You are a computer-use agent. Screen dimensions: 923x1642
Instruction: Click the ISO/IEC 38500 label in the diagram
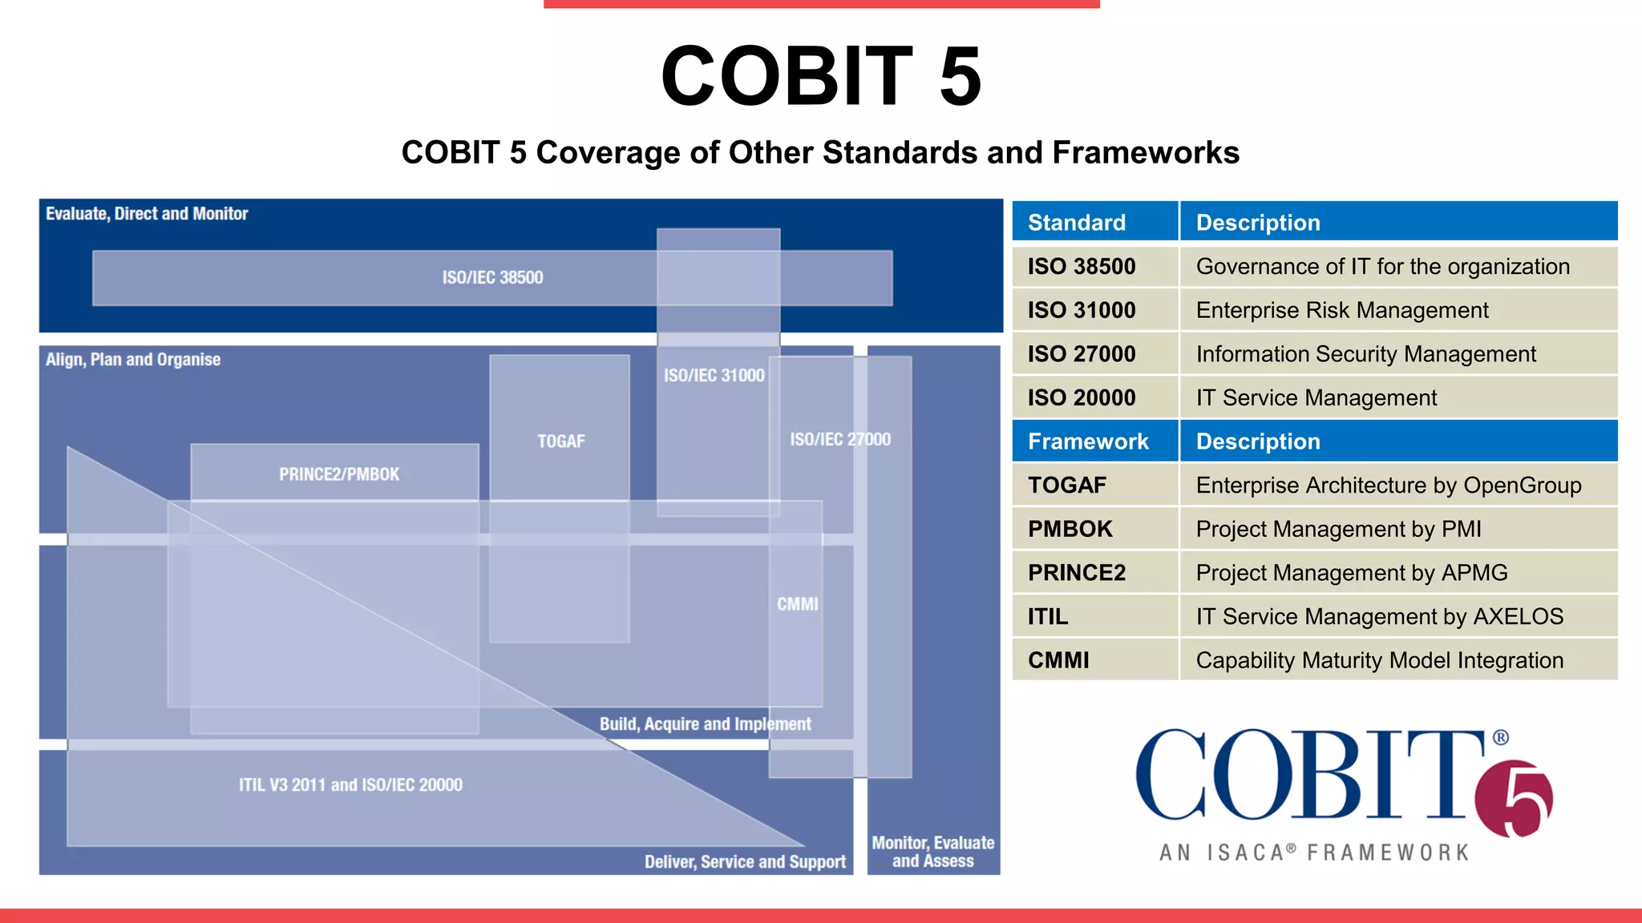click(x=492, y=277)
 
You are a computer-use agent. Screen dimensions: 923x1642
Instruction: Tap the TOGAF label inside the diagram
click(x=561, y=441)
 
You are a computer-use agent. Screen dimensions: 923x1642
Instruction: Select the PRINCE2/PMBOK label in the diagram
click(x=339, y=474)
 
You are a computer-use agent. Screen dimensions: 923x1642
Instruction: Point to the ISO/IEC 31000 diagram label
click(x=714, y=375)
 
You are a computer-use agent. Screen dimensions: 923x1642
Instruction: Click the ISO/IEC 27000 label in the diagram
click(x=839, y=439)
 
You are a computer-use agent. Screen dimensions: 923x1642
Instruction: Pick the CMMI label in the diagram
click(x=797, y=604)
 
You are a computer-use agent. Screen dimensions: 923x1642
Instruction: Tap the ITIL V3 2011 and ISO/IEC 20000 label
click(x=350, y=785)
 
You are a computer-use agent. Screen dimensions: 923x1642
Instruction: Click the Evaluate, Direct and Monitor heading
click(x=147, y=214)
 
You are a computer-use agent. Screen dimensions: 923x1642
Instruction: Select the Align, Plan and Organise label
click(x=133, y=360)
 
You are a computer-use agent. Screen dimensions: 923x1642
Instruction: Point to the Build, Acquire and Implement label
click(x=705, y=724)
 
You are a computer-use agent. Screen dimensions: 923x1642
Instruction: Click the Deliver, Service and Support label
click(x=745, y=862)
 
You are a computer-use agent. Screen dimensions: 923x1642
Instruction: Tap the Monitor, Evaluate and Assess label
click(x=933, y=852)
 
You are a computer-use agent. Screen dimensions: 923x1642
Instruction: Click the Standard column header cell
click(x=1094, y=222)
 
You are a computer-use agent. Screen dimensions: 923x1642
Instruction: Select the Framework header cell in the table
click(x=1094, y=441)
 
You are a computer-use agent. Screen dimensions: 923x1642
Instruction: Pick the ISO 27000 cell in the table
click(x=1094, y=353)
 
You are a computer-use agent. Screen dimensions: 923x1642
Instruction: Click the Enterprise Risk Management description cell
click(x=1397, y=310)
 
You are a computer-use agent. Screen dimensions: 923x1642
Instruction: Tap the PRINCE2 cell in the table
click(x=1094, y=573)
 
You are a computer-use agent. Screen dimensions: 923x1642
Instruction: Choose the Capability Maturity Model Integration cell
click(x=1397, y=660)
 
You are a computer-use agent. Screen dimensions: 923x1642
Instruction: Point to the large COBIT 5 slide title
click(x=820, y=76)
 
